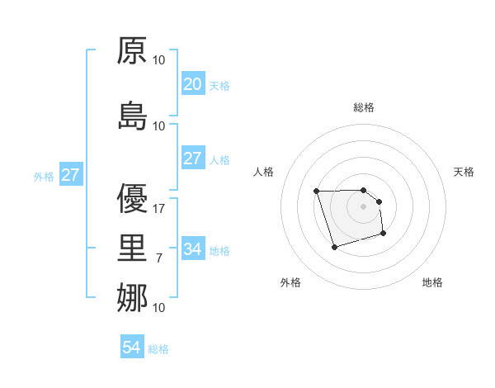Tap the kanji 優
[x=132, y=198]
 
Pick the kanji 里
[x=132, y=248]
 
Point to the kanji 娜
[x=132, y=297]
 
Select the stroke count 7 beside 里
[x=159, y=258]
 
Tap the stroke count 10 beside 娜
[x=159, y=308]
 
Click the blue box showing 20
[x=192, y=84]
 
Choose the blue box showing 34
[x=192, y=249]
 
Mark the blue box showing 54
[x=132, y=348]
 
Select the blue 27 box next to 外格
[x=70, y=175]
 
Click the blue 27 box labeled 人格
[x=192, y=159]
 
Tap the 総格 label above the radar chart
[x=364, y=107]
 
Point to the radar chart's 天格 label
[x=464, y=172]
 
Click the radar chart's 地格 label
[x=432, y=282]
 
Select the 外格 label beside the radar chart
[x=290, y=282]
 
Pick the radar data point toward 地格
[x=384, y=234]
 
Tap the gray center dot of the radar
[x=364, y=206]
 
